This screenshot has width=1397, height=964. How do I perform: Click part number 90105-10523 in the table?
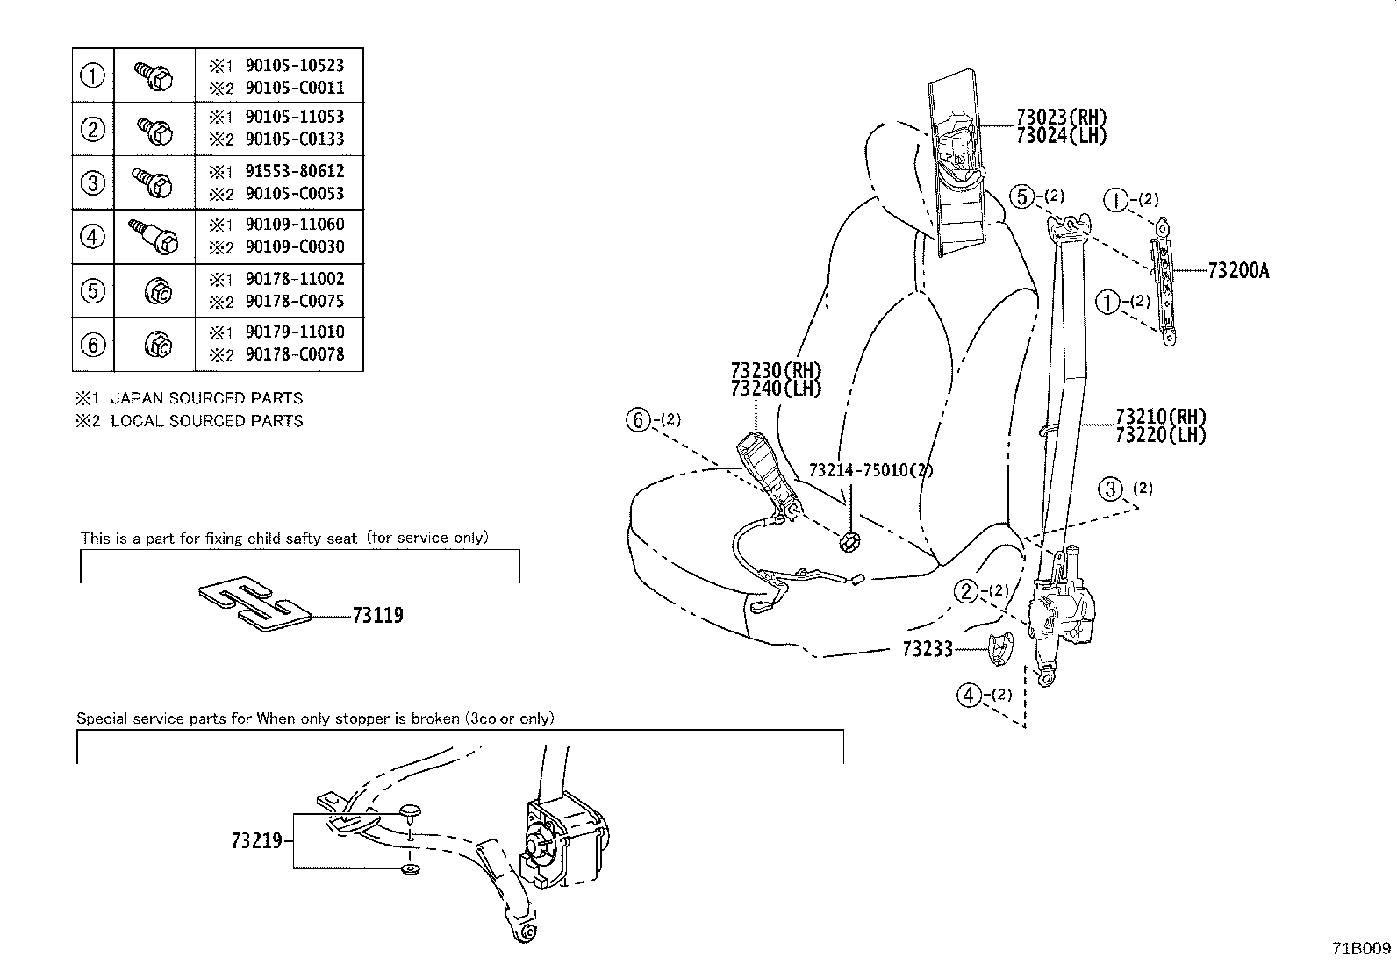[x=294, y=66]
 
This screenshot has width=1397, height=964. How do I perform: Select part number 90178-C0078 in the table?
[x=294, y=354]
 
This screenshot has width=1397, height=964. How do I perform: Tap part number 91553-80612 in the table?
[x=294, y=171]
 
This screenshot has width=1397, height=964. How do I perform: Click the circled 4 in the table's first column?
[x=93, y=237]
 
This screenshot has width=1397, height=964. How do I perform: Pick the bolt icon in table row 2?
[x=154, y=131]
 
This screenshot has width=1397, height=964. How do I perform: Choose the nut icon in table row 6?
[x=158, y=344]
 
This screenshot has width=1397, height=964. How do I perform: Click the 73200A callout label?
[x=1238, y=271]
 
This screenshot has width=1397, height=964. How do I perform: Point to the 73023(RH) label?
[x=1061, y=117]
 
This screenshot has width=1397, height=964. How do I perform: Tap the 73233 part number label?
[x=928, y=650]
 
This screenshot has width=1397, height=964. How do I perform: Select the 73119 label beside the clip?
[x=378, y=616]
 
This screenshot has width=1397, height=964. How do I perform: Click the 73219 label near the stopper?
[x=257, y=840]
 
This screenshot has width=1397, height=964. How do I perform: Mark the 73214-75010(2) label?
[x=870, y=470]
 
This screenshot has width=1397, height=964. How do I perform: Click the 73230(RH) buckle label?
[x=776, y=370]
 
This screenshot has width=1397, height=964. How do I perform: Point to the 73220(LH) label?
[x=1161, y=434]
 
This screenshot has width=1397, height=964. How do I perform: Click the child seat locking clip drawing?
[x=254, y=603]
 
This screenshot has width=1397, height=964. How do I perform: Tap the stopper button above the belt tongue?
[x=409, y=811]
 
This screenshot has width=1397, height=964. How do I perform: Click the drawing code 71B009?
[x=1361, y=948]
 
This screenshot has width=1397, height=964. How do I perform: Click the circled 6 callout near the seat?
[x=637, y=420]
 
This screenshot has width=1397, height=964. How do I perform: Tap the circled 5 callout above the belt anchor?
[x=1021, y=197]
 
